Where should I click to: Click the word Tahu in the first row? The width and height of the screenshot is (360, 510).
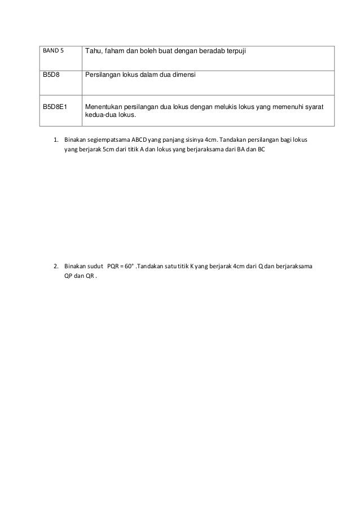tap(94, 52)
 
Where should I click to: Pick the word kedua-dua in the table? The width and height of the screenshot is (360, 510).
tap(98, 115)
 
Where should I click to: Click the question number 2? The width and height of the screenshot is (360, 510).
tap(55, 265)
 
